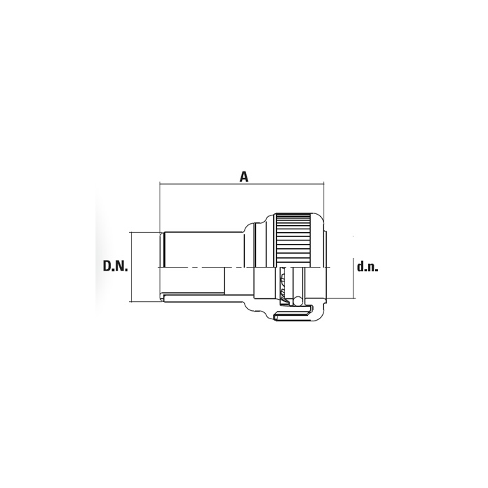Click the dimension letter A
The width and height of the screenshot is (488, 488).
pos(244,176)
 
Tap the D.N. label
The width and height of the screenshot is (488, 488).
pos(116,266)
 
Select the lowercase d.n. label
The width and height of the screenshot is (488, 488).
pos(367,267)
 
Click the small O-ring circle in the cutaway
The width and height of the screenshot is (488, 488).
pos(298,300)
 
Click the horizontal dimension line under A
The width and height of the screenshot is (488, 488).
pos(242,184)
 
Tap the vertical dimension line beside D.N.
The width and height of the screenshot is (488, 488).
pos(132,267)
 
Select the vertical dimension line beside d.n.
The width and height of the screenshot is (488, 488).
pos(354,278)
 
